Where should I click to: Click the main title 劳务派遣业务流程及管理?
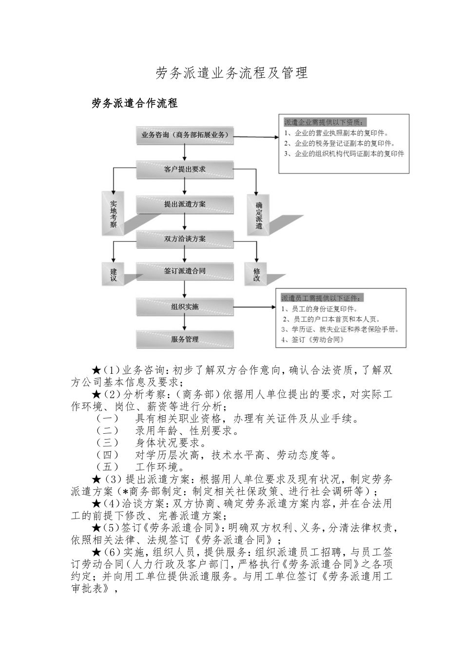pyautogui.click(x=231, y=73)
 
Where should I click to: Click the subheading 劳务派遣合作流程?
pyautogui.click(x=135, y=103)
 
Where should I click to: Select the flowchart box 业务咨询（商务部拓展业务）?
pyautogui.click(x=184, y=135)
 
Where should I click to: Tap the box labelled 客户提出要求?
pyautogui.click(x=184, y=169)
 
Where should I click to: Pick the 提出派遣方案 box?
pyautogui.click(x=184, y=204)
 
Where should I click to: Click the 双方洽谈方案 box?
pyautogui.click(x=184, y=239)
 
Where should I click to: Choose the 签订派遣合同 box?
pyautogui.click(x=184, y=271)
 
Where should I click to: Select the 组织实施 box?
pyautogui.click(x=184, y=307)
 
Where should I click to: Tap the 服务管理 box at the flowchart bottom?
pyautogui.click(x=184, y=339)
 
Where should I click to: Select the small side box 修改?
pyautogui.click(x=257, y=275)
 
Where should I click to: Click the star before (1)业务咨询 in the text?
pyautogui.click(x=96, y=371)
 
